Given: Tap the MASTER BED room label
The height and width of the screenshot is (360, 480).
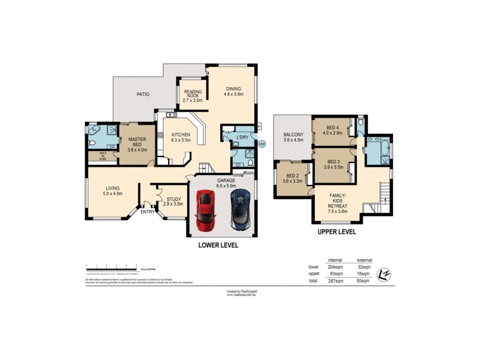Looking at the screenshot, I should pos(137,145).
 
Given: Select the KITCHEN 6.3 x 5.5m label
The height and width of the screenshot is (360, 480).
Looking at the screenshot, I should pos(181,137).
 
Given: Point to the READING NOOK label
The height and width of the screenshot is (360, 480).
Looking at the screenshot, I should pos(193,96).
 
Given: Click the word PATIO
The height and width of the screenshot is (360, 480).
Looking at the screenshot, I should pos(142,94).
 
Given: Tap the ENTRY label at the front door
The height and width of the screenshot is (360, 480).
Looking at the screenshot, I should pos(147,211).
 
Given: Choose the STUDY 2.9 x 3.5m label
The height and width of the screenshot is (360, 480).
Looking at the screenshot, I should pos(174,202).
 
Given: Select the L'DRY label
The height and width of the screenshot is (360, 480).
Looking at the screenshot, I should pos(242,137).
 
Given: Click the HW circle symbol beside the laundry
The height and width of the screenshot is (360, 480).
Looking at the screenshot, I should pos(262,143).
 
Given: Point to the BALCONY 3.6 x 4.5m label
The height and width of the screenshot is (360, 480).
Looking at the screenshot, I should pos(293,137).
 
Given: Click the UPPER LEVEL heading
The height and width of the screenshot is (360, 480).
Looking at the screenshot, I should pos(337,231).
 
